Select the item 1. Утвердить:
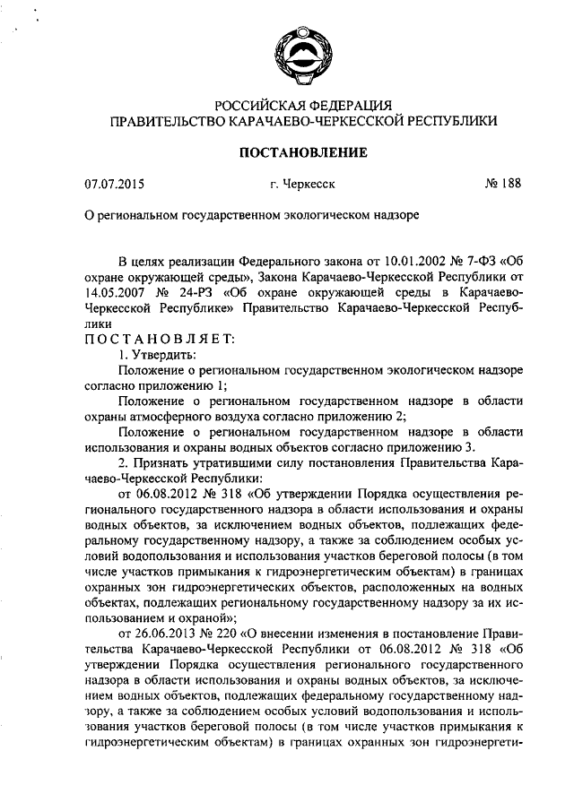pyautogui.click(x=157, y=356)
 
